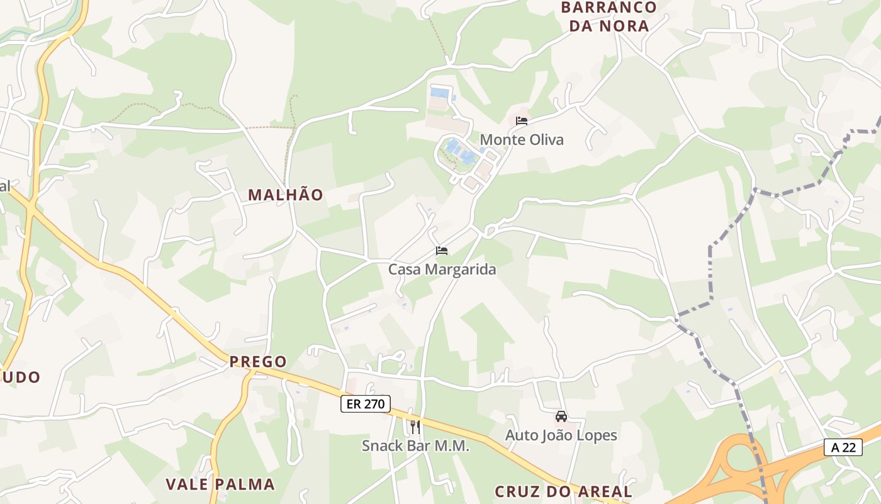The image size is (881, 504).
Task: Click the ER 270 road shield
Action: pos(366,404)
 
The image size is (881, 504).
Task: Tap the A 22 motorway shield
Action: pos(843,447)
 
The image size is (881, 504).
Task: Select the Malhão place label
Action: pos(286,195)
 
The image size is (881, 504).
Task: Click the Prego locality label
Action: pos(258,362)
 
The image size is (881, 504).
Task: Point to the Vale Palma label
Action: pos(220,484)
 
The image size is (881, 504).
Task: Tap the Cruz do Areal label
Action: pos(563,491)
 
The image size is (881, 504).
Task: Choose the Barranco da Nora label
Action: pos(608,16)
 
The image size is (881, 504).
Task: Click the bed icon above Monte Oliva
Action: pos(521,121)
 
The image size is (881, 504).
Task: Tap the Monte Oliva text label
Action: pos(522,139)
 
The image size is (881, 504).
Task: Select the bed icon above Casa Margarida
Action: pos(442,251)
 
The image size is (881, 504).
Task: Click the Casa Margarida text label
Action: pos(442,269)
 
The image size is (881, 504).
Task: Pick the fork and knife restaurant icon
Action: pos(415,427)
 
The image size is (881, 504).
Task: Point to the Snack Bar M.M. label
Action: pos(415,445)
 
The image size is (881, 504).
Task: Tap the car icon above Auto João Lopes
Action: pos(561,416)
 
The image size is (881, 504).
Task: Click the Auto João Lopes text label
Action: pos(561,435)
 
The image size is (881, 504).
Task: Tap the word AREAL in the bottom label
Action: pos(600,491)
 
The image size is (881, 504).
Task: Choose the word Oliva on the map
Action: pos(545,139)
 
